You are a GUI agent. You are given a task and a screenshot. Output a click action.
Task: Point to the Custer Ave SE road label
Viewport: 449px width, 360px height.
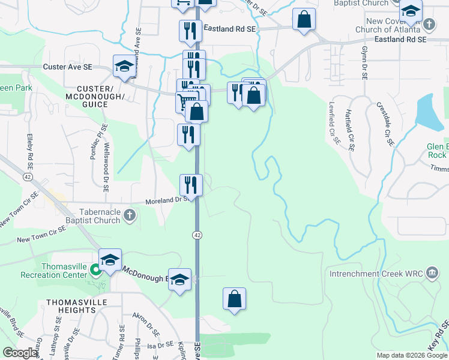(67, 68)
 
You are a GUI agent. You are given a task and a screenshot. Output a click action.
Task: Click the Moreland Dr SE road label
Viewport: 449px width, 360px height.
(169, 200)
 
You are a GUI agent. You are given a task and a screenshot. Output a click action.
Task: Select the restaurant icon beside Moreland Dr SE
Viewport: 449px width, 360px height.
(191, 183)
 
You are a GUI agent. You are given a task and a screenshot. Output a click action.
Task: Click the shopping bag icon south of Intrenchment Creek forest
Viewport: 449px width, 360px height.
(235, 298)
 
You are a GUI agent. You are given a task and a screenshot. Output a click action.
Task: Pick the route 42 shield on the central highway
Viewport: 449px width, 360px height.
(196, 235)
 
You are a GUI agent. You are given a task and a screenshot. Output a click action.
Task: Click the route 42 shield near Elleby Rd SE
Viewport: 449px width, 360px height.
(28, 177)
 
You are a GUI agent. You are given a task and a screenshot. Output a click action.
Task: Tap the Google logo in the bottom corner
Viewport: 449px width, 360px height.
(20, 353)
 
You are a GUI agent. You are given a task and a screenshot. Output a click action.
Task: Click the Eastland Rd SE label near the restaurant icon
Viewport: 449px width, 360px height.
(230, 28)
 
